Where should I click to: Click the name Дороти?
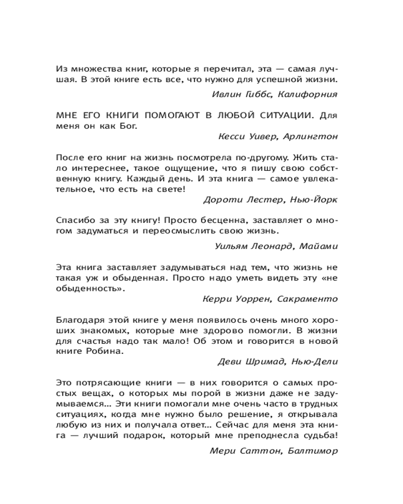click(219, 199)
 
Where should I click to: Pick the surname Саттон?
click(258, 451)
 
